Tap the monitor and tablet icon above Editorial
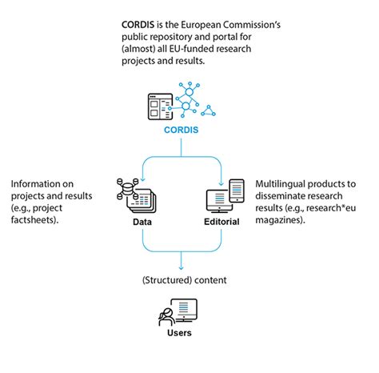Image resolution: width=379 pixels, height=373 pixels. pyautogui.click(x=224, y=195)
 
